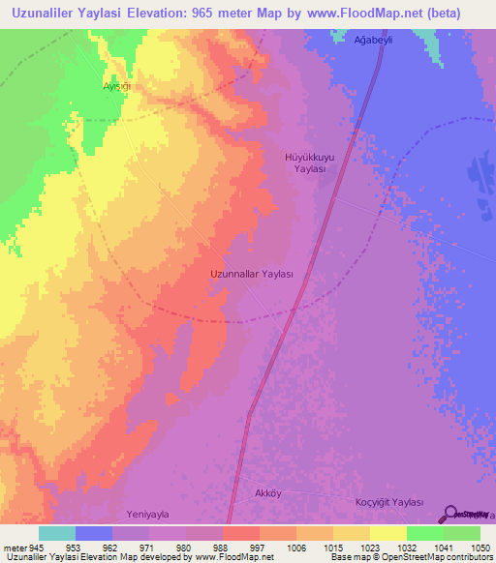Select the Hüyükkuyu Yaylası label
309,162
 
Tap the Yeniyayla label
147,515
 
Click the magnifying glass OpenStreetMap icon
449,515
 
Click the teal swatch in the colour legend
57,533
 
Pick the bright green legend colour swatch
425,533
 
